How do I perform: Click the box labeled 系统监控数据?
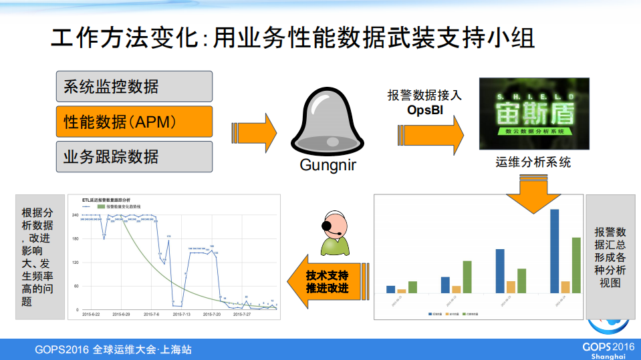point(134,86)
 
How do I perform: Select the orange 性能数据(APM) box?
point(134,122)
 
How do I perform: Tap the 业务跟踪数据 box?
point(134,156)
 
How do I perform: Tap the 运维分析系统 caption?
point(533,162)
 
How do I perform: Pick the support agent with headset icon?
point(334,233)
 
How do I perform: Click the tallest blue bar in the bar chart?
point(554,251)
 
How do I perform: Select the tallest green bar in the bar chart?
point(576,265)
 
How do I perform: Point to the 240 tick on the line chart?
point(76,214)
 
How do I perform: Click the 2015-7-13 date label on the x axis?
point(179,313)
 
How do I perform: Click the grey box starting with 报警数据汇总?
point(610,256)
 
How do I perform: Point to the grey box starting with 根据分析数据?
point(38,256)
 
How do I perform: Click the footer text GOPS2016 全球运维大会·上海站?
point(114,349)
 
